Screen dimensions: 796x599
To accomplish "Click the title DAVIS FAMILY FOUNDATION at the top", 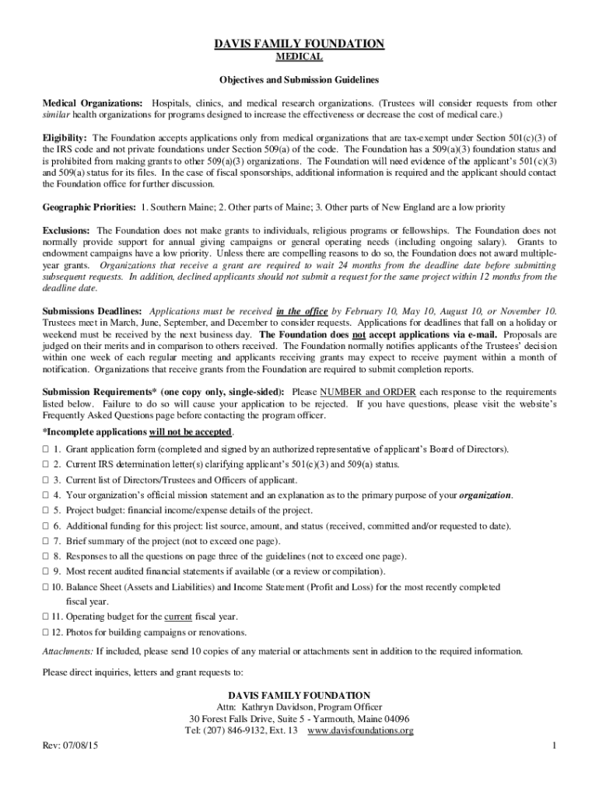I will (x=299, y=44).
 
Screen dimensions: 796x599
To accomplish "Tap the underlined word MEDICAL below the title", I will (x=299, y=58).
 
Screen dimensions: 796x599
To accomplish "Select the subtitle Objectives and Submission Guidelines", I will (x=299, y=80).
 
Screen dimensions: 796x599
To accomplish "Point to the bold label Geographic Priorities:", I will (x=89, y=208).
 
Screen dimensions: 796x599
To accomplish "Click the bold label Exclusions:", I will (x=66, y=231).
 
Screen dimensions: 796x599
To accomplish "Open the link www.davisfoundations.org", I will (x=360, y=731).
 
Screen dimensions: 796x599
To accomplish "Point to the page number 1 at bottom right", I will (x=553, y=747).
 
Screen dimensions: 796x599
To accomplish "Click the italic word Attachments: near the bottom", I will (x=67, y=651).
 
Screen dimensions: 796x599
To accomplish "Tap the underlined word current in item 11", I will (x=178, y=616).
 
